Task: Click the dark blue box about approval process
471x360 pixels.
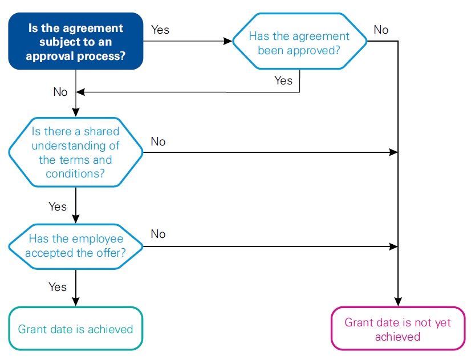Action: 75,42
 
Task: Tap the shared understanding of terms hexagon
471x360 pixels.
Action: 75,153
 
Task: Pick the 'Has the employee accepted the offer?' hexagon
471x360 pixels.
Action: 75,246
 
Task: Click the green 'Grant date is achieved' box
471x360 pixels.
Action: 75,329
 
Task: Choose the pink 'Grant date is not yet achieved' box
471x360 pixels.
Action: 398,329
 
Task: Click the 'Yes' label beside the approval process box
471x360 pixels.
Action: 160,30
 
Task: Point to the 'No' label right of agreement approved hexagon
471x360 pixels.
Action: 381,30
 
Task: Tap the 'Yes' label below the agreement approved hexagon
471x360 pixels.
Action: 283,80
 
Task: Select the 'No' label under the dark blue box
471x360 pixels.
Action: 60,92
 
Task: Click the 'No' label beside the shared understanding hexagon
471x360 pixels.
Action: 159,141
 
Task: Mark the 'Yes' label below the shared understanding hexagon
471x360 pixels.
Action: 57,207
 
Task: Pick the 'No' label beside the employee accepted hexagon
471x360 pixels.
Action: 159,234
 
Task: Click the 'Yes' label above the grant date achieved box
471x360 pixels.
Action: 57,287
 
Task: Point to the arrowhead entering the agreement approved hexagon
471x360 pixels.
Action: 228,42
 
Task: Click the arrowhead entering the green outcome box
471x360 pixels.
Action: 75,302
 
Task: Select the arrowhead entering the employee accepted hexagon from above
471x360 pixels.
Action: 75,220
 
